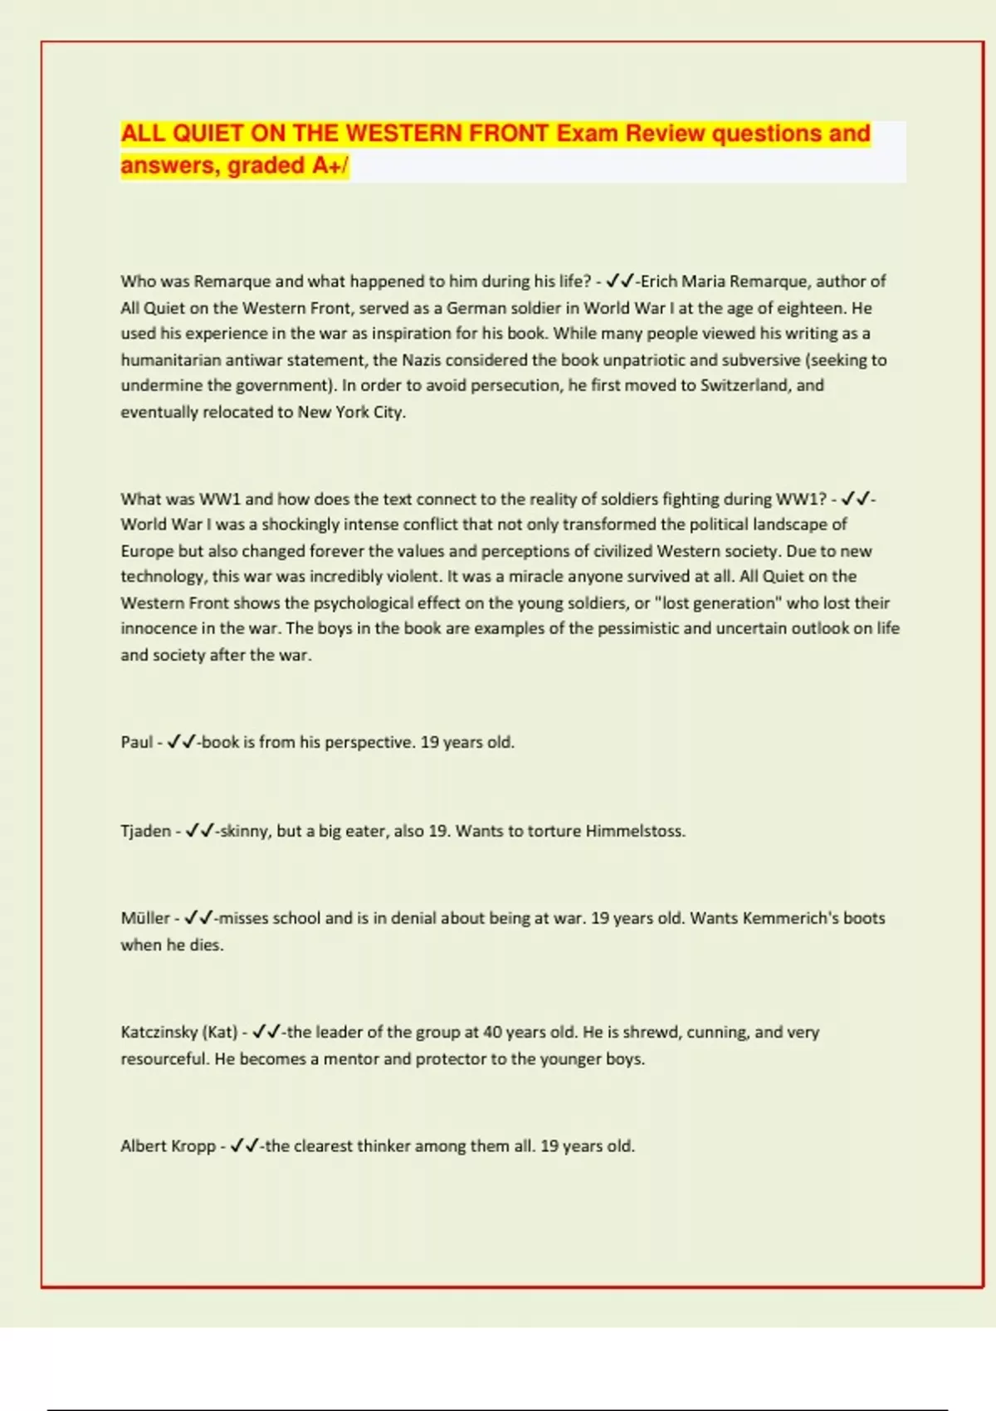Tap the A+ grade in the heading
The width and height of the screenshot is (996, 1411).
[326, 166]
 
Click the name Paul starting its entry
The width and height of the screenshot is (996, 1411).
[136, 742]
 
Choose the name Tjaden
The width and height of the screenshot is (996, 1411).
[145, 831]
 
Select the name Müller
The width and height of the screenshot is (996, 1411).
[145, 918]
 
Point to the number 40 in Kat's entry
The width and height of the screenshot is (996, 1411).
[492, 1033]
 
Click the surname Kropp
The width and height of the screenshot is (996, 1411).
[193, 1146]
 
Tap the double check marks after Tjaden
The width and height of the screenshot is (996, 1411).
[199, 831]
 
